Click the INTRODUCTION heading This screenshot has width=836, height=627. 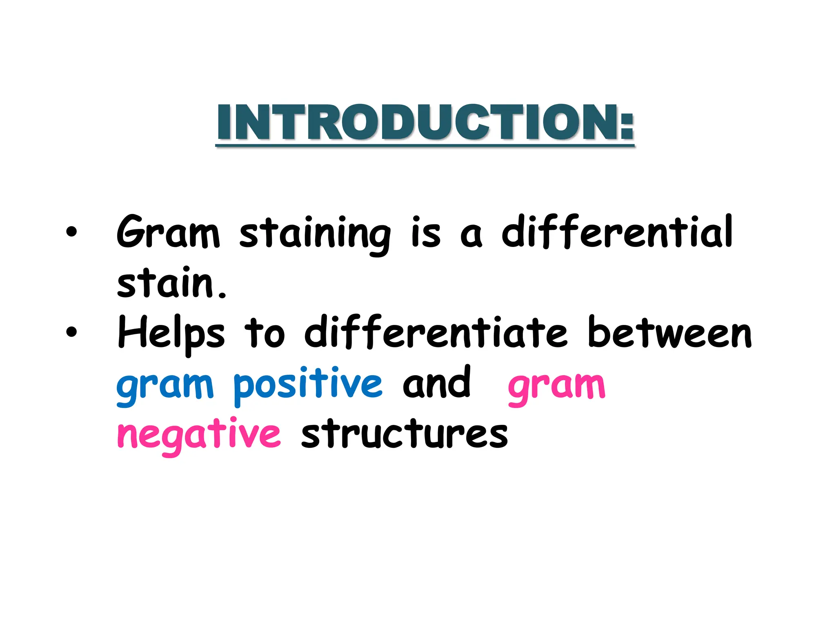coord(425,122)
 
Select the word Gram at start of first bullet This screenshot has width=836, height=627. coord(168,233)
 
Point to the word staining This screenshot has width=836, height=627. coord(314,235)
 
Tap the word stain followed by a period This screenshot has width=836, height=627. coord(171,283)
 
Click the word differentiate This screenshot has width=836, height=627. coord(436,332)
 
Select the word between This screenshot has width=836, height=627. coord(669,332)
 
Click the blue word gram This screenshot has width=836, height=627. coord(165,386)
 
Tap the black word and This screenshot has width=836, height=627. coord(436,383)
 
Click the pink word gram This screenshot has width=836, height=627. coord(556,386)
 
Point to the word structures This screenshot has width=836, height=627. coord(404,434)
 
